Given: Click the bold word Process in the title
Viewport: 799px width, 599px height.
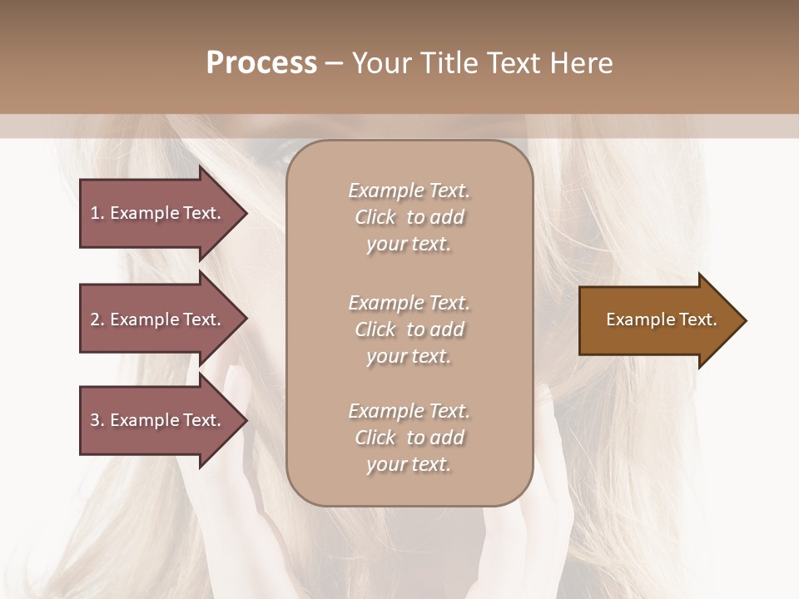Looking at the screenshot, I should pos(261,63).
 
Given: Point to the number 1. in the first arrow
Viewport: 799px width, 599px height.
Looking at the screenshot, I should pos(97,213).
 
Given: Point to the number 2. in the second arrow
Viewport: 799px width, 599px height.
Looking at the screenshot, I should pos(97,319).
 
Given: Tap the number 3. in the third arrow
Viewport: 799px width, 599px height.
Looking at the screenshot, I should pos(97,420).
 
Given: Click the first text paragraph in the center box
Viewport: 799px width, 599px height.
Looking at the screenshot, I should pos(409,217).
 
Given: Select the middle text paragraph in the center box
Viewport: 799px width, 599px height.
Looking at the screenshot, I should pos(409,329).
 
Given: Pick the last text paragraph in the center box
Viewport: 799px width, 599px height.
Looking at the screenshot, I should pos(409,438).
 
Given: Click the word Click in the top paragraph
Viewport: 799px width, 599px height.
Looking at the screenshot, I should pos(375,217).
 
